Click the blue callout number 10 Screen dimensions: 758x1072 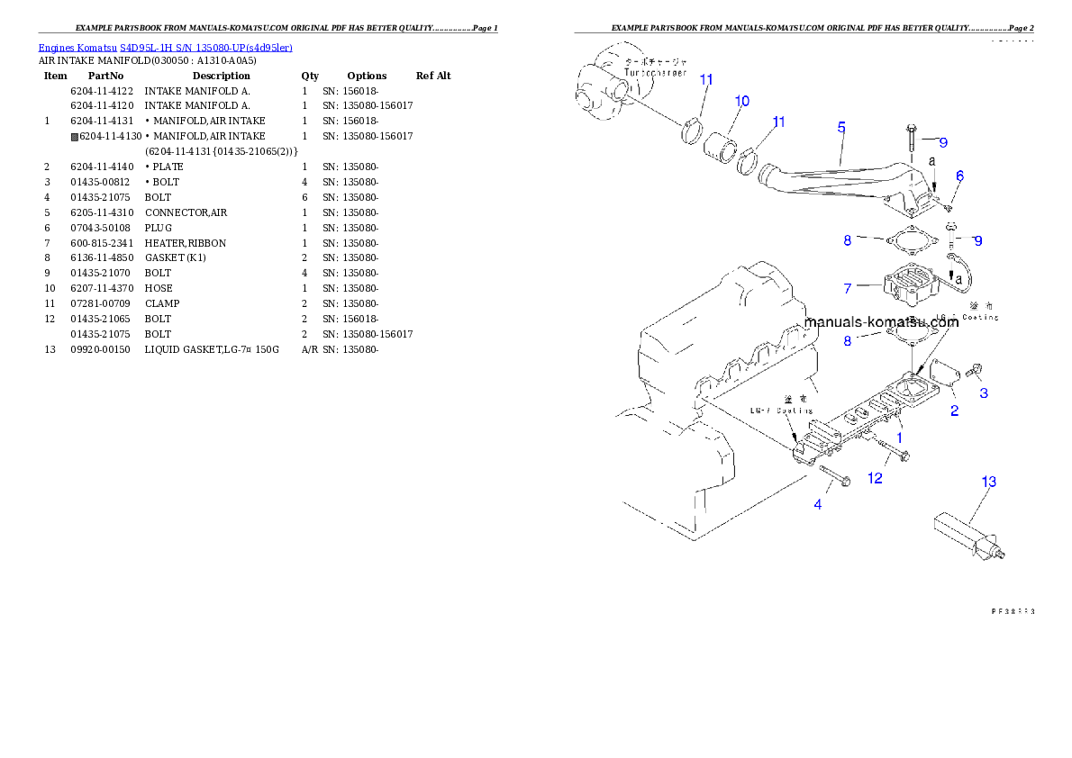741,101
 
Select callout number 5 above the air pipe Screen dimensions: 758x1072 840,128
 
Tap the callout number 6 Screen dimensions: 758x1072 960,176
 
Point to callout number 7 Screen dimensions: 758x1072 848,289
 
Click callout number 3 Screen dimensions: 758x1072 984,393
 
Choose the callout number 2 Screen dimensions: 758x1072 955,411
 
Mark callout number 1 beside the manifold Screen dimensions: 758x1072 898,437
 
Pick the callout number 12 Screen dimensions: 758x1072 875,478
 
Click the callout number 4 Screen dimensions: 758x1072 818,505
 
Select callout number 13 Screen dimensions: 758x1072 988,483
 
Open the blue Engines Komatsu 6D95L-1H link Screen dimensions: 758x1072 165,48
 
